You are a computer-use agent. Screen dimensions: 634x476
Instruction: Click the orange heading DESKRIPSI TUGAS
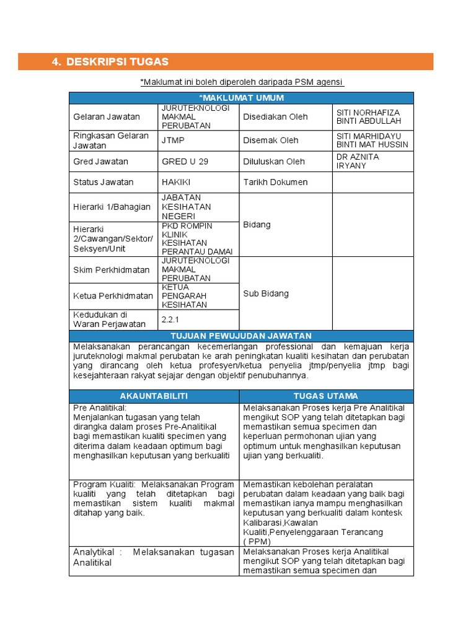point(117,62)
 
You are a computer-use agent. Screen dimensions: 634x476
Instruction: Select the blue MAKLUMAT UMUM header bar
point(241,98)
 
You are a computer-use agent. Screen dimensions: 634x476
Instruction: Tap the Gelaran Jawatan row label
point(107,117)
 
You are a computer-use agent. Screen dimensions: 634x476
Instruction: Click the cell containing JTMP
point(173,141)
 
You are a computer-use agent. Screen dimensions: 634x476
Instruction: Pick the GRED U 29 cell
point(185,162)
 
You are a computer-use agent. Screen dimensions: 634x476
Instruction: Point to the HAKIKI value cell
point(176,183)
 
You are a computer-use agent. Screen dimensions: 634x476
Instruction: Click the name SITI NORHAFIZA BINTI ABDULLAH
point(368,117)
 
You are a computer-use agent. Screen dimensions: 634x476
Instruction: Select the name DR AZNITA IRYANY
point(358,162)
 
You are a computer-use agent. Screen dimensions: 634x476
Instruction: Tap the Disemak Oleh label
point(270,141)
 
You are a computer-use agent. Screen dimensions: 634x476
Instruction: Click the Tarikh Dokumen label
point(275,183)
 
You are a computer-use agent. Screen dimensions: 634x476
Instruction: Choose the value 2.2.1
point(170,319)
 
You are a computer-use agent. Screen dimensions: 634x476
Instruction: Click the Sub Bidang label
point(265,293)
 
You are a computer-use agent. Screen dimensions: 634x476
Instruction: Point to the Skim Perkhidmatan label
point(112,271)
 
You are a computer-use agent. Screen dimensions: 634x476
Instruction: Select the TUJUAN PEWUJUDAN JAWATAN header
point(241,336)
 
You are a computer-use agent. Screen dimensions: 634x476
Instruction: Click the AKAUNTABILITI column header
point(154,396)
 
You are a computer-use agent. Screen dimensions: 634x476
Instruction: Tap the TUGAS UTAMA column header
point(326,396)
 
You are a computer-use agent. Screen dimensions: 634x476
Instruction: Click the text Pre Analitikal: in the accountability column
point(100,408)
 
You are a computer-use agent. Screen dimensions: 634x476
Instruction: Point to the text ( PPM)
point(257,541)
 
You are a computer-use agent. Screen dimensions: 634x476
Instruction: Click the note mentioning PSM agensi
point(242,82)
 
